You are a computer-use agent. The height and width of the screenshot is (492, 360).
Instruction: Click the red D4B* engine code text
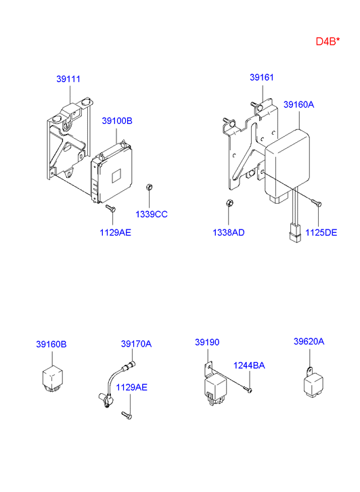(x=328, y=41)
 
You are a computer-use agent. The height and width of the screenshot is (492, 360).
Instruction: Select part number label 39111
(x=68, y=79)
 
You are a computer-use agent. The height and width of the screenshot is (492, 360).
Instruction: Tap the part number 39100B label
(x=117, y=121)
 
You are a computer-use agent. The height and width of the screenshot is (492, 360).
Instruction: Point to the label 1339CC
(x=152, y=215)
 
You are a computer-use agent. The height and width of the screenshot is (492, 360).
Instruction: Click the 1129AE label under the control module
(x=115, y=233)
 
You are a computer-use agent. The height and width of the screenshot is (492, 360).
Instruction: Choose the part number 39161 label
(x=262, y=77)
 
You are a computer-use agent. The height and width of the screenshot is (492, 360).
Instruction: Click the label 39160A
(x=299, y=104)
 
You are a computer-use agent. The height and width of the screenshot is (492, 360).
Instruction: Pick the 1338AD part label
(x=229, y=233)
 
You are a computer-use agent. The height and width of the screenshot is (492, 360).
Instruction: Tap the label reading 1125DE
(x=321, y=233)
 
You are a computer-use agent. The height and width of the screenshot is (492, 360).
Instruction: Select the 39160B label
(x=51, y=344)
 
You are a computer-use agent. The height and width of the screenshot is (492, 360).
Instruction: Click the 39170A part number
(x=136, y=344)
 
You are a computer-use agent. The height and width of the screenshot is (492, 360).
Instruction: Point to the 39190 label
(x=207, y=342)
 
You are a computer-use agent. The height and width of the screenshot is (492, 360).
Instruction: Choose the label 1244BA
(x=249, y=365)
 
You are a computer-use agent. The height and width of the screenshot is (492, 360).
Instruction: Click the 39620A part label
(x=309, y=341)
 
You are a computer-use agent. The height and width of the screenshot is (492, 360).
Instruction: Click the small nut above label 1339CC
(x=150, y=187)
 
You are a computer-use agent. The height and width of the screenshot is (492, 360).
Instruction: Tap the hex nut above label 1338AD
(x=229, y=203)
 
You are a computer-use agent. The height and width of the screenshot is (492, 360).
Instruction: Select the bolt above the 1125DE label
(x=317, y=203)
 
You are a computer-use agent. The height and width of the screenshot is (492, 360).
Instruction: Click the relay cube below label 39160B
(x=52, y=378)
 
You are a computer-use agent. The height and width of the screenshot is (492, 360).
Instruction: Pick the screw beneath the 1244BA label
(x=248, y=390)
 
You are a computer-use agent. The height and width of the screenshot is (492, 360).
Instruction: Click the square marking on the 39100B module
(x=116, y=176)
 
